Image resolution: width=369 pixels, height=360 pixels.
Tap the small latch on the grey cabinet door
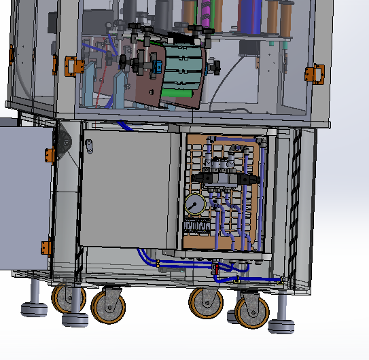tap(89, 145)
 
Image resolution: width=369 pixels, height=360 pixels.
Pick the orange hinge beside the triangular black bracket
tap(50, 155)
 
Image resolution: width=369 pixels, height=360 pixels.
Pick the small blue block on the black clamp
tap(158, 67)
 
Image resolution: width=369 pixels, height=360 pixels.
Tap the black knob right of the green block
tap(216, 68)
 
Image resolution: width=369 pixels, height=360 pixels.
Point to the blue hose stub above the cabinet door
tap(125, 126)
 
